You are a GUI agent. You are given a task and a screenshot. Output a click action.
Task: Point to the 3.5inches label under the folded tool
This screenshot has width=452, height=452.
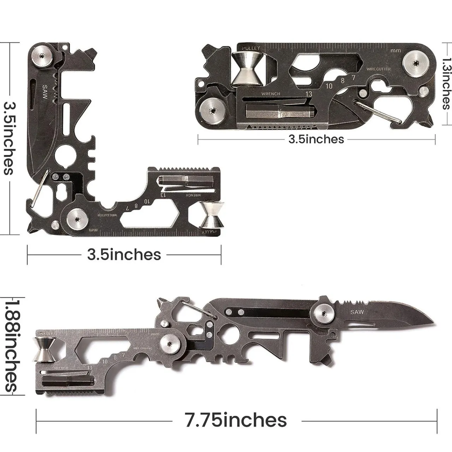coord(316,139)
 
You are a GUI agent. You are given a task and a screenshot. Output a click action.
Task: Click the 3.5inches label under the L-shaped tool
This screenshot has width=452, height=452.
coord(124,254)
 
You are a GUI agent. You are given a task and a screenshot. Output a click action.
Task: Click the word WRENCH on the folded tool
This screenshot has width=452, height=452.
coord(270,94)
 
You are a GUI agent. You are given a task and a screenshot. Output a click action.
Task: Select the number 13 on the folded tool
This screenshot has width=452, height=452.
coord(309,94)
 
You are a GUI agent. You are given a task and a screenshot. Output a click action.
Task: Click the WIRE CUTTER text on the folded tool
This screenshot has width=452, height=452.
coord(378,69)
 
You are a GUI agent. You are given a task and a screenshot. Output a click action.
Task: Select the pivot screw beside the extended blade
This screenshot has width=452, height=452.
coord(324,313)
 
